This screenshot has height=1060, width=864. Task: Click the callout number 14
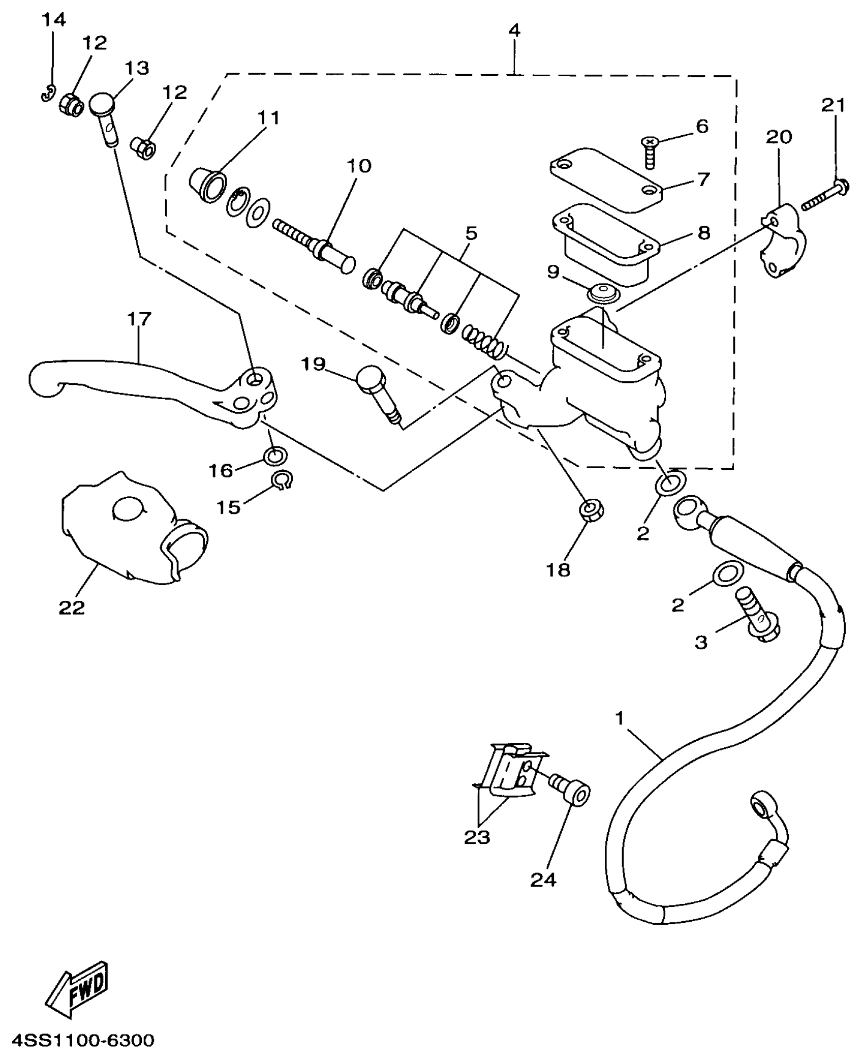click(x=53, y=20)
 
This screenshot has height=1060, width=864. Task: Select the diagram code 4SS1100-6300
click(x=83, y=1040)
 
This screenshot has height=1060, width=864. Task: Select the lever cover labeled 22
click(x=127, y=529)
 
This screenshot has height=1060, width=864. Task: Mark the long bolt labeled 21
click(x=823, y=198)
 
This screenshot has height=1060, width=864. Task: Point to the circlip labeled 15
click(x=282, y=479)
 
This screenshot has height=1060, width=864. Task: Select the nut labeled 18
click(x=591, y=509)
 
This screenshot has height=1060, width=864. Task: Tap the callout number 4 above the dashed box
click(x=514, y=31)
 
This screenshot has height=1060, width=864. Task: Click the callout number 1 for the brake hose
click(x=619, y=718)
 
